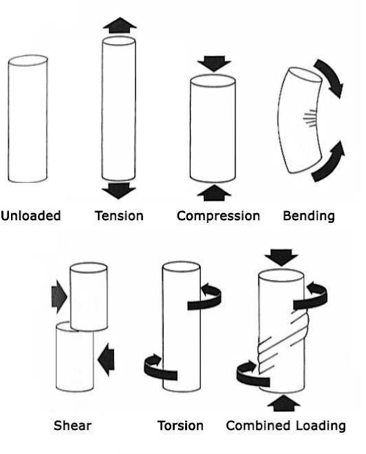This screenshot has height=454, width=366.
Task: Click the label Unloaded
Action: tap(30, 216)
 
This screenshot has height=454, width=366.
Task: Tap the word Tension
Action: tap(119, 216)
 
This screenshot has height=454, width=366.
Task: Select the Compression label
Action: tap(218, 216)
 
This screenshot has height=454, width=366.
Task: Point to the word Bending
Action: tap(309, 217)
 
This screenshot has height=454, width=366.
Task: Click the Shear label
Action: tap(73, 426)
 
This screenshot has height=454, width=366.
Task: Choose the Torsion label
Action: tap(180, 426)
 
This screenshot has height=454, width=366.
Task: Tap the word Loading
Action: tap(321, 426)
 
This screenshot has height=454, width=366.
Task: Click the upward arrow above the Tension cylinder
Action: tap(119, 26)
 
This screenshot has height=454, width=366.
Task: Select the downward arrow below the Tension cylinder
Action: tap(119, 190)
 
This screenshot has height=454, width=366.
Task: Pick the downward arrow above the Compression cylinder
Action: tap(214, 63)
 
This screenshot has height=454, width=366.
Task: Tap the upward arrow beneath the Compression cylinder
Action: tap(214, 193)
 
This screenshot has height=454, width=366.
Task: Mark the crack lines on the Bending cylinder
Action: tap(309, 118)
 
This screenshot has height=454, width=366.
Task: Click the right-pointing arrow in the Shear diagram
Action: tap(59, 297)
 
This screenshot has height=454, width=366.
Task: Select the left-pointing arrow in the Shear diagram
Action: tap(106, 360)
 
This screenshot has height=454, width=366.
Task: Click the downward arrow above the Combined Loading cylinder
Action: tap(281, 257)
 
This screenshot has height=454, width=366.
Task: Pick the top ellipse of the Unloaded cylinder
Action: tap(28, 61)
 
